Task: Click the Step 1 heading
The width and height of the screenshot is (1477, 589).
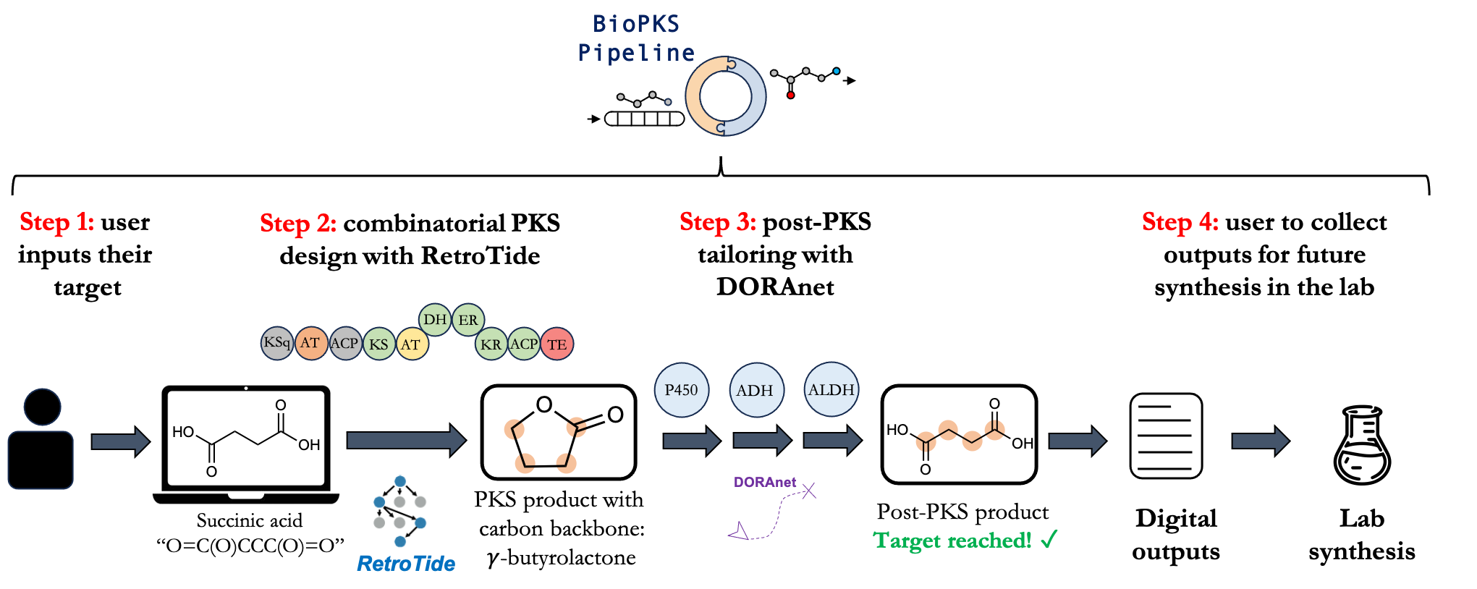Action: click(56, 221)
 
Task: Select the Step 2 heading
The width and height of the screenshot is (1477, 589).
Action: click(297, 223)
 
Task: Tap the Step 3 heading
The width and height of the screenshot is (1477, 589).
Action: click(717, 222)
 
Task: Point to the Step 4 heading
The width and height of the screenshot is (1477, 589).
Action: click(1180, 221)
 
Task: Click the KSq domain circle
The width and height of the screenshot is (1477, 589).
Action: click(277, 343)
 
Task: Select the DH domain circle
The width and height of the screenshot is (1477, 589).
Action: click(435, 319)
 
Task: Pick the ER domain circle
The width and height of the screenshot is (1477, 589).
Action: click(468, 320)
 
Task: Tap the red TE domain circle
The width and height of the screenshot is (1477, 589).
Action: click(556, 344)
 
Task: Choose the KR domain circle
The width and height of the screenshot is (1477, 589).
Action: click(491, 344)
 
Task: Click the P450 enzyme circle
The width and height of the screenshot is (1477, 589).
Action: click(681, 390)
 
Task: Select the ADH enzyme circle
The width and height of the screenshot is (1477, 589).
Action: click(756, 391)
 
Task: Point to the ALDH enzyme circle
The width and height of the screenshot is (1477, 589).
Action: click(831, 390)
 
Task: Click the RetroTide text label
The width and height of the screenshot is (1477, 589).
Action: click(406, 564)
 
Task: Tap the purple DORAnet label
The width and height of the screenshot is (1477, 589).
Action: click(764, 482)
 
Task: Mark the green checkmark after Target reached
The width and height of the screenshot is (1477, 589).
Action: click(1049, 539)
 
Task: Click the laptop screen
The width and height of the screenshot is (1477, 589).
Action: click(246, 438)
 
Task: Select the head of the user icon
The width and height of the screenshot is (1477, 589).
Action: click(43, 407)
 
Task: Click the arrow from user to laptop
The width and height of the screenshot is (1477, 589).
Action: click(120, 441)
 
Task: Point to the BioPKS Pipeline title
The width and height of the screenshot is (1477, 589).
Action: click(636, 38)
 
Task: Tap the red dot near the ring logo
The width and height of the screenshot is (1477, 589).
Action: click(790, 95)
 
